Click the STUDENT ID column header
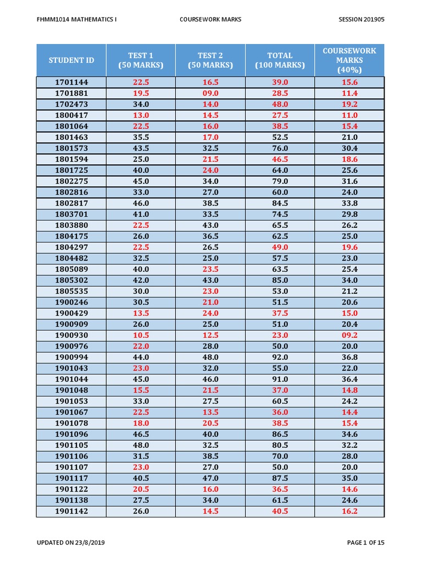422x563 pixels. point(71,60)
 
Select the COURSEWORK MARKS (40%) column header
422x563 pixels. point(349,60)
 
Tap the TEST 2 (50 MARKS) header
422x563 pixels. point(210,60)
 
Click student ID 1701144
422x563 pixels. point(71,82)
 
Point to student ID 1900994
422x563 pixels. point(71,357)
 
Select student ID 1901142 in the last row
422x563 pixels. point(71,511)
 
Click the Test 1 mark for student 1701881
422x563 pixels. point(141,93)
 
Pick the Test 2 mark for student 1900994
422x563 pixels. point(210,357)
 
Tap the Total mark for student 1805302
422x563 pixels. point(280,280)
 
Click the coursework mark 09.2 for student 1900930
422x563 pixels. point(349,335)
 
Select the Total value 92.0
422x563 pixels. point(280,357)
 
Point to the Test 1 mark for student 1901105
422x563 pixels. point(141,445)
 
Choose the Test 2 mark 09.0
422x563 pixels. point(210,93)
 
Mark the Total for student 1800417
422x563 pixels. point(280,115)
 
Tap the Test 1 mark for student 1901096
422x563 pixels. point(141,434)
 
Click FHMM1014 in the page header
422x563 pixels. point(52,19)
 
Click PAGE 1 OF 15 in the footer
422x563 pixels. point(366,543)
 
